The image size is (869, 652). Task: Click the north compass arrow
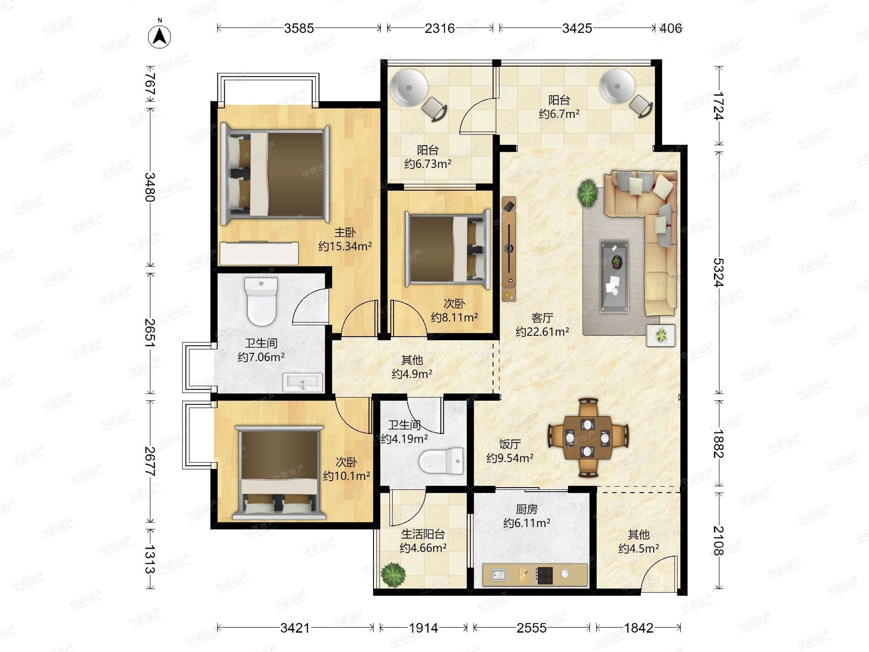click(x=160, y=37)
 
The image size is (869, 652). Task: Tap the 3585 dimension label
click(x=299, y=28)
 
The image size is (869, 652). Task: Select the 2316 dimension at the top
click(x=440, y=28)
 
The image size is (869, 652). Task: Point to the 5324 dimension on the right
click(x=718, y=273)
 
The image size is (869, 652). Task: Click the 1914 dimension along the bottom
click(x=424, y=628)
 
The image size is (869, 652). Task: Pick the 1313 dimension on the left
click(x=150, y=559)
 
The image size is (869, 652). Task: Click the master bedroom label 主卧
click(x=345, y=233)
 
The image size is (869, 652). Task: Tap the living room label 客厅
click(x=542, y=318)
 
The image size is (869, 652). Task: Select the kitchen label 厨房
click(x=526, y=509)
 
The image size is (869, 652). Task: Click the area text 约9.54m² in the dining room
click(x=510, y=458)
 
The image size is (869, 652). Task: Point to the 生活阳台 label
click(x=423, y=534)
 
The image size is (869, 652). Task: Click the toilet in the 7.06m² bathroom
click(x=261, y=301)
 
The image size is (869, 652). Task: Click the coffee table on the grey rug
click(x=614, y=277)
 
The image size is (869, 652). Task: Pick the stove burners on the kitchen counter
click(x=545, y=575)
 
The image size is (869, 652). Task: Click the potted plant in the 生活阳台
click(x=393, y=575)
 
